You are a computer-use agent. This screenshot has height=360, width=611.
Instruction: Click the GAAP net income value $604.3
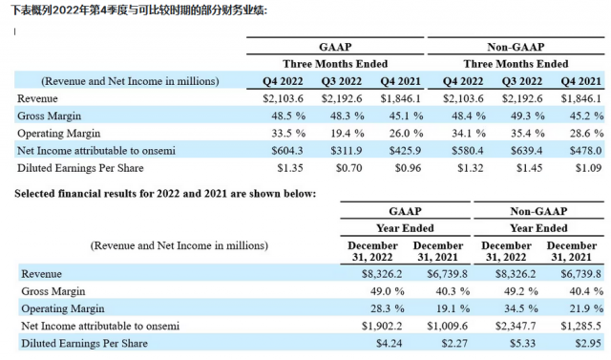tap(287, 151)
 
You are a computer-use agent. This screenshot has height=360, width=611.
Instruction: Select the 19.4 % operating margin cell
tap(348, 134)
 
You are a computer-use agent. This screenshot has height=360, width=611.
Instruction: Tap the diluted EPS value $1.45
tap(529, 168)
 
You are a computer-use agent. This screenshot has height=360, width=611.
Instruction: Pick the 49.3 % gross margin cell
tap(528, 116)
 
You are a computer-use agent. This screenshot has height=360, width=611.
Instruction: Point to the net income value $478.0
tap(585, 151)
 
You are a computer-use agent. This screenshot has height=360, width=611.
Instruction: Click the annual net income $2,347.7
tap(516, 326)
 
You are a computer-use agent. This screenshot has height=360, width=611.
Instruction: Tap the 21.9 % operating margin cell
tap(586, 308)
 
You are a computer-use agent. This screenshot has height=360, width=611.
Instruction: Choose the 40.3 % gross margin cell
tap(453, 291)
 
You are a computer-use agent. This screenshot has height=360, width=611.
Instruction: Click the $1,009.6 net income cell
tap(447, 326)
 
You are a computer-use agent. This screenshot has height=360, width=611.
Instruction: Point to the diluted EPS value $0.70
tap(348, 168)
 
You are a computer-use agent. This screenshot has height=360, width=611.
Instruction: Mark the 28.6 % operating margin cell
tap(586, 134)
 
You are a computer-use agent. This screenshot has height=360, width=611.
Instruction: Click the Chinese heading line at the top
tap(138, 11)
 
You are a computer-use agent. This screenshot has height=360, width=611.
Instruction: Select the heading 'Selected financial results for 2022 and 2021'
tap(165, 194)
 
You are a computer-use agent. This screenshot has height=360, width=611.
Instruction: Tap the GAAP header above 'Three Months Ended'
tap(335, 47)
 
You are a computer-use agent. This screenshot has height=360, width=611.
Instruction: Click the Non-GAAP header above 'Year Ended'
tap(538, 211)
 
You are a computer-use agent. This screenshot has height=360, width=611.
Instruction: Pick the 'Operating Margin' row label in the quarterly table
tap(59, 134)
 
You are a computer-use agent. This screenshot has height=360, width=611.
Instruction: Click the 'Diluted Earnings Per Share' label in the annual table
tap(85, 343)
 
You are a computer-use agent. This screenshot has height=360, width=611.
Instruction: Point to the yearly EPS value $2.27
tap(454, 343)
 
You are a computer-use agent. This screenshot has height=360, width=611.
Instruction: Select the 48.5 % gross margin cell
tap(288, 116)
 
